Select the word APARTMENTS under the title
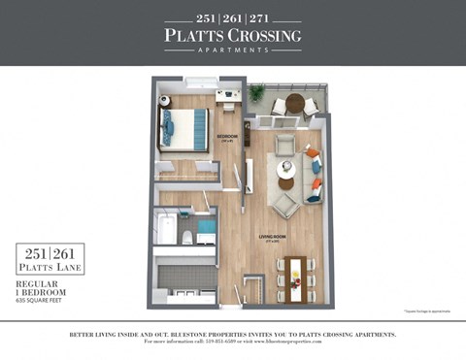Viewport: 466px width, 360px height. pyautogui.click(x=233, y=50)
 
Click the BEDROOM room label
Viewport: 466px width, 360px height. pyautogui.click(x=226, y=136)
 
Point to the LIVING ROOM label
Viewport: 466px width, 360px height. pyautogui.click(x=271, y=236)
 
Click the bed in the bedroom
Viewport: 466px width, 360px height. pyautogui.click(x=184, y=129)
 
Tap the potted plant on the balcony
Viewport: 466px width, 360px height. pyautogui.click(x=256, y=94)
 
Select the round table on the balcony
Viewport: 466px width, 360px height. pyautogui.click(x=293, y=104)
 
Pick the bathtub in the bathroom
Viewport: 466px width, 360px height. pyautogui.click(x=166, y=231)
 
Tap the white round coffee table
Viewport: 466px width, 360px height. pyautogui.click(x=285, y=183)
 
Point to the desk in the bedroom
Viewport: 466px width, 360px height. pyautogui.click(x=228, y=96)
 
